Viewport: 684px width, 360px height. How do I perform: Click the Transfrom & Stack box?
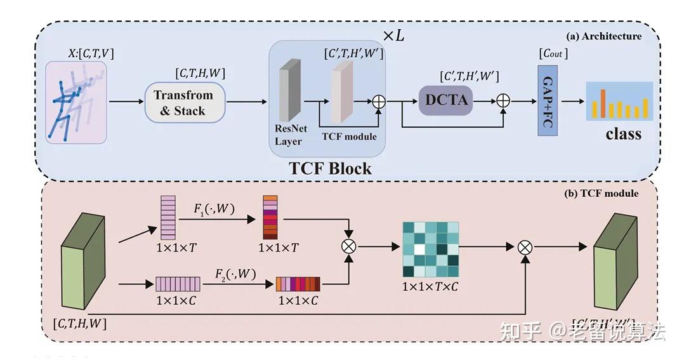185,102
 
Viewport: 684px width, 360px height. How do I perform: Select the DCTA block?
445,99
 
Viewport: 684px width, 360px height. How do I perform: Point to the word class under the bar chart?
623,134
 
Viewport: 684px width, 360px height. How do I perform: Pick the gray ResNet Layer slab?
289,91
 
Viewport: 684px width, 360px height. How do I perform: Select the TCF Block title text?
330,169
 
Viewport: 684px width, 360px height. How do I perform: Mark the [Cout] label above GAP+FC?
553,54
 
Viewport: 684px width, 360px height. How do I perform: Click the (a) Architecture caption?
605,36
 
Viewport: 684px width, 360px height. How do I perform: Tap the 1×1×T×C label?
430,287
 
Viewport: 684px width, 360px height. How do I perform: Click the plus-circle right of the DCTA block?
503,100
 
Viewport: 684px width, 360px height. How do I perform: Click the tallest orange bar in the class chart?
603,103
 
